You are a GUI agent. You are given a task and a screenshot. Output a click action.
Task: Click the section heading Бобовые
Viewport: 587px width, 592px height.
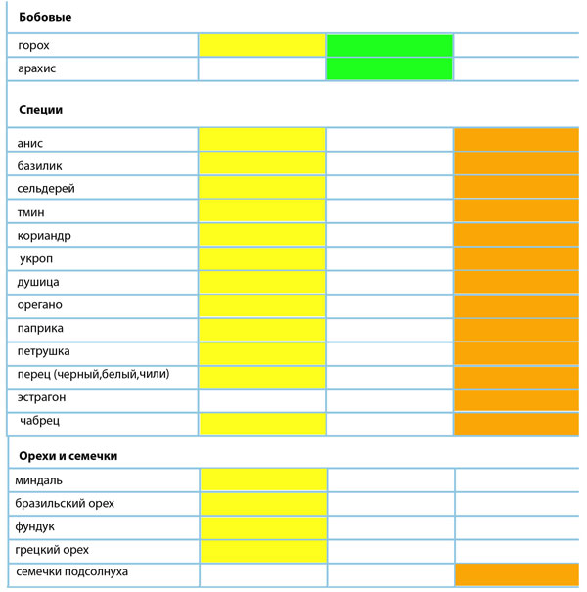[x=45, y=17]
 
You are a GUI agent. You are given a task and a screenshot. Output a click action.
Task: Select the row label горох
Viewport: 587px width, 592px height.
[x=33, y=46]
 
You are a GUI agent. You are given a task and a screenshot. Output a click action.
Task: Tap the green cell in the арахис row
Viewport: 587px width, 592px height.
[x=388, y=68]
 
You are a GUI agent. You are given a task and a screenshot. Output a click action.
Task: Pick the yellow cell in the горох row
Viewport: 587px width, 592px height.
[x=261, y=46]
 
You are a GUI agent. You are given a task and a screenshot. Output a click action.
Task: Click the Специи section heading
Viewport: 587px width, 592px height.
[x=40, y=110]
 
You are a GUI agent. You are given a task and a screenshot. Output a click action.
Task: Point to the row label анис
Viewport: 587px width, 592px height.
[x=30, y=143]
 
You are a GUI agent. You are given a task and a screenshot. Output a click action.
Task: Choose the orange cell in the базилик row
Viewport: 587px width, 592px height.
[x=516, y=165]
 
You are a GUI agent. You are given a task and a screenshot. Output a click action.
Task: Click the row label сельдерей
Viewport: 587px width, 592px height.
[x=46, y=188]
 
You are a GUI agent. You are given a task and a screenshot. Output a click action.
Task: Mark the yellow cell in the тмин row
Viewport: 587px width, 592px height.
[x=261, y=212]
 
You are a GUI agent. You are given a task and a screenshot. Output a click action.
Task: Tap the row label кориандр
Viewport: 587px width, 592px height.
[x=44, y=236]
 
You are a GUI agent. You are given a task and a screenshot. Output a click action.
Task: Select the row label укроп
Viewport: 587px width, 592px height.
[x=36, y=259]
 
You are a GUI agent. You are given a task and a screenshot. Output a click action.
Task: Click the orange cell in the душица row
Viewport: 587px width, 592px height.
[x=516, y=282]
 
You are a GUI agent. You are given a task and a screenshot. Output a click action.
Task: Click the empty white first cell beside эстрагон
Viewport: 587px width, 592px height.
[x=261, y=399]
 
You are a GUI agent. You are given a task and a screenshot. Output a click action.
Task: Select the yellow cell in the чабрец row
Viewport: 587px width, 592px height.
[x=261, y=423]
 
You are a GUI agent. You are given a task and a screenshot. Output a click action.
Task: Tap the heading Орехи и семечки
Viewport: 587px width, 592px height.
[x=69, y=456]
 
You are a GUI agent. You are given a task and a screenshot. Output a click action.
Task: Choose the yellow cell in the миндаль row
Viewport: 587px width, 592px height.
[x=263, y=479]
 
